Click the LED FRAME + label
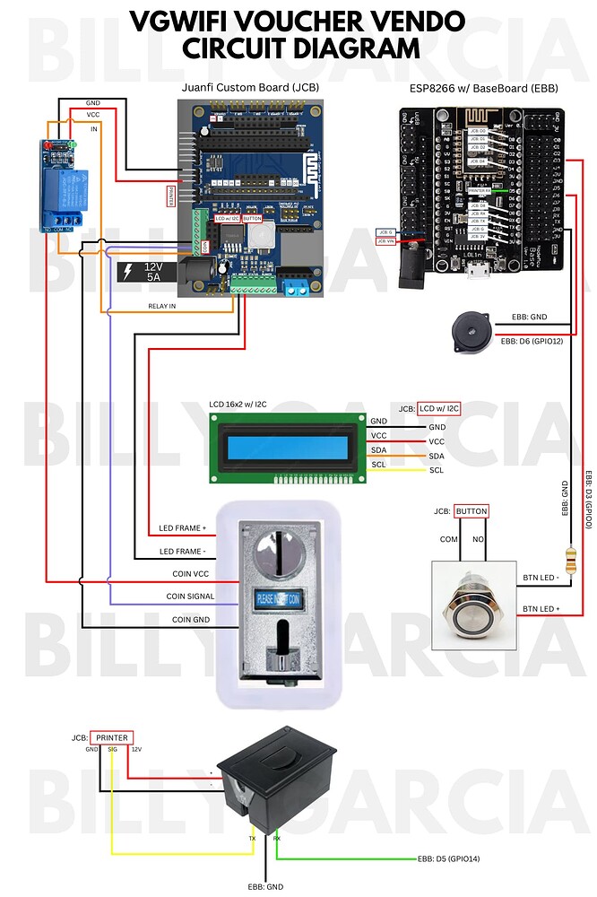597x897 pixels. [182, 527]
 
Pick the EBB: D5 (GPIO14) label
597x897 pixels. [448, 858]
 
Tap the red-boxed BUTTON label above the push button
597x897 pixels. [471, 511]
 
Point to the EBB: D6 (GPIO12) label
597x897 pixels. [531, 341]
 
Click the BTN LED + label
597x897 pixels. [541, 608]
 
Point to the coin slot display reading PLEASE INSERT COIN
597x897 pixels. [280, 597]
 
